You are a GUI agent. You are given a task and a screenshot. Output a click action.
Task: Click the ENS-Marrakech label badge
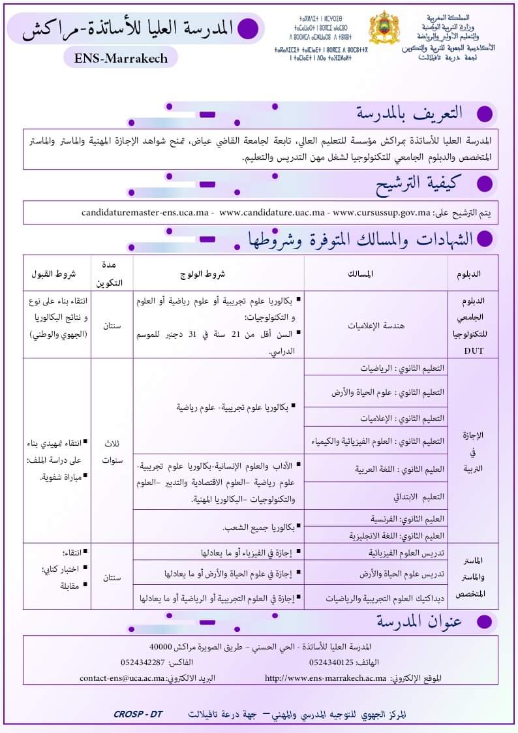121,58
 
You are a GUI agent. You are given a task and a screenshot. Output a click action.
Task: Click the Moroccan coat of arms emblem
384,29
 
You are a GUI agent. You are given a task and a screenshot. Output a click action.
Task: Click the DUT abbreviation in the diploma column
473,351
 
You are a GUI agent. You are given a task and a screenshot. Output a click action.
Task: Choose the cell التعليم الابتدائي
418,496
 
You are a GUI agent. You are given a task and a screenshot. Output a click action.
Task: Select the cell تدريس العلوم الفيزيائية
404,554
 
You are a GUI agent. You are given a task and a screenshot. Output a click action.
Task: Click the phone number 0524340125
331,663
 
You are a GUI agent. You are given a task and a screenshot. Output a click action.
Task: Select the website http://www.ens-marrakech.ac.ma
325,678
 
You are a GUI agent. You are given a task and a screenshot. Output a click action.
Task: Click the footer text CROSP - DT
138,714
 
